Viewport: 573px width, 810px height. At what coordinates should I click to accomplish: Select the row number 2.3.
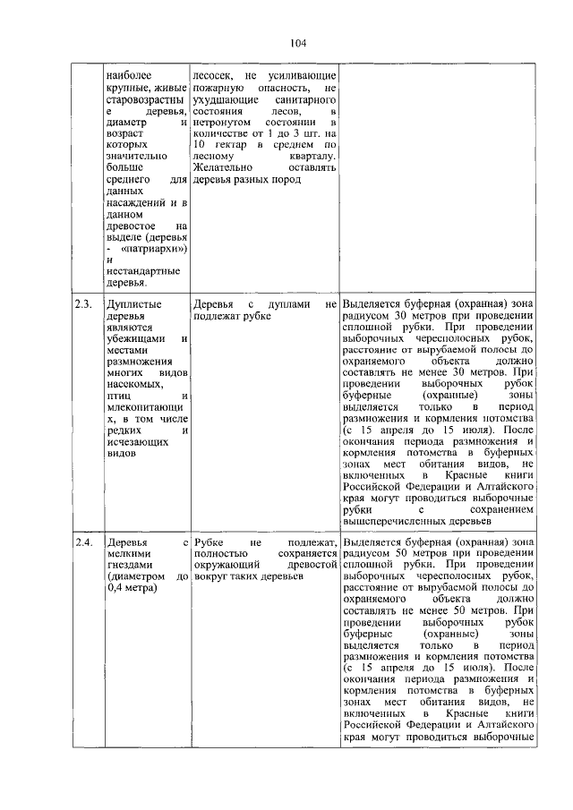(83, 304)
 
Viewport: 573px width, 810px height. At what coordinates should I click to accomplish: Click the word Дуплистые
(133, 304)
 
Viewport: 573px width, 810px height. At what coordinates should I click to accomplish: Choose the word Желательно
(224, 167)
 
